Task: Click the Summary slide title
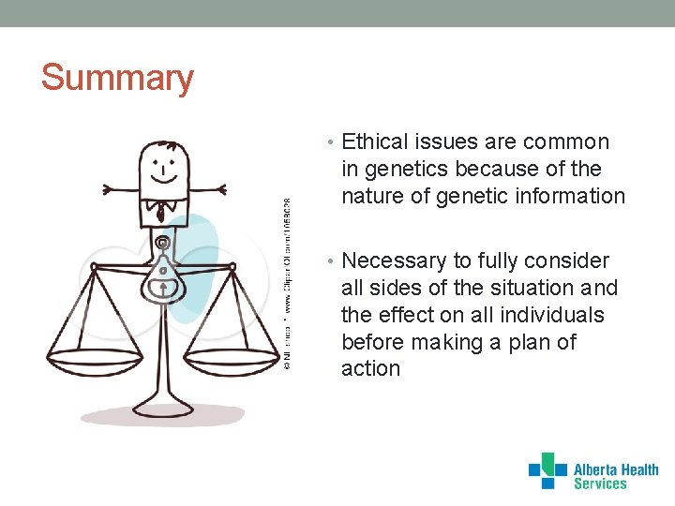coord(117,77)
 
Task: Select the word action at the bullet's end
coord(370,369)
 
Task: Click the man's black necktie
coord(161,213)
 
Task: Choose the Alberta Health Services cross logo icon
coord(547,470)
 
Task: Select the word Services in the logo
coord(600,484)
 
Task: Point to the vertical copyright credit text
coord(287,281)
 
